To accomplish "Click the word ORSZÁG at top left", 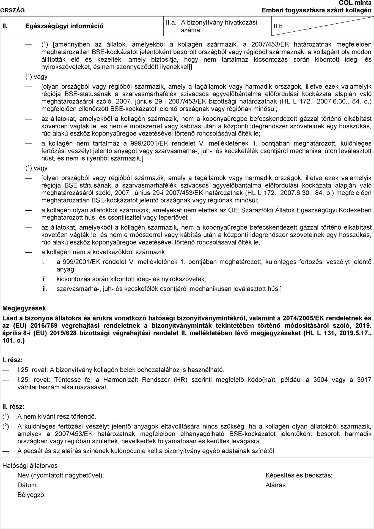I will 12,10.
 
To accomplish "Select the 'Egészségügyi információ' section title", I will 64,26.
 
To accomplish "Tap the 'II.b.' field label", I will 279,26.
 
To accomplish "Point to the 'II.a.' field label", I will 171,23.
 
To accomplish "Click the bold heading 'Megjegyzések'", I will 24,308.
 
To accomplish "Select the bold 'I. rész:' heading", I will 13,360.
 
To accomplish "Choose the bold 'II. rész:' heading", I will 13,406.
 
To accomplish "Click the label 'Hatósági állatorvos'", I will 30,466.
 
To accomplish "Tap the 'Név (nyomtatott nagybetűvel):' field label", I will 61,475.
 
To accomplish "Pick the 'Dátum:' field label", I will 28,485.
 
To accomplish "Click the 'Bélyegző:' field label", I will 32,495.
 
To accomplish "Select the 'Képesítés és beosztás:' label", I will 299,475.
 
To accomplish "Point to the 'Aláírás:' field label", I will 276,485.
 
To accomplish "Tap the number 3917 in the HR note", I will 364,380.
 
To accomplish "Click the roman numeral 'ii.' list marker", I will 43,279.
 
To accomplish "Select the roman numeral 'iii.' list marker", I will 44,289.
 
